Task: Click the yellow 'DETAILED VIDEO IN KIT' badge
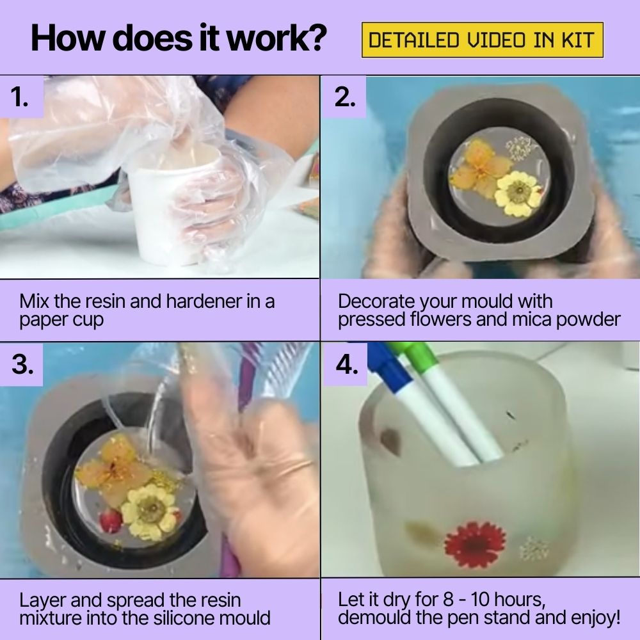[482, 40]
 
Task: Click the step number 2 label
[344, 97]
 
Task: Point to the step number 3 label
[22, 364]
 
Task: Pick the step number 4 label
[346, 364]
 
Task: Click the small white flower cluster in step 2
[519, 149]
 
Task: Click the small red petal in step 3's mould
[110, 520]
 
